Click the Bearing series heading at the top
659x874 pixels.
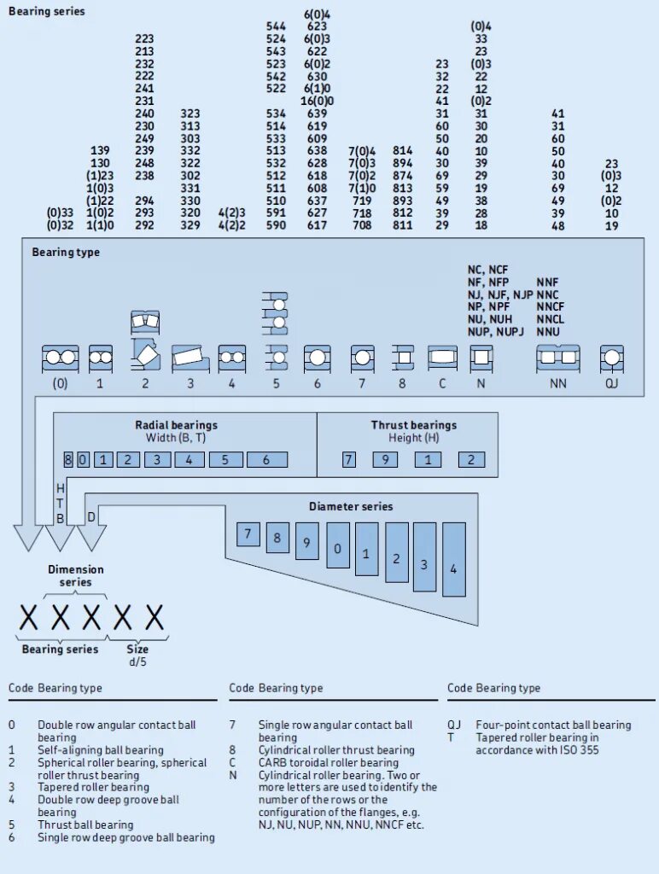pyautogui.click(x=47, y=12)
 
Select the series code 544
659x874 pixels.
pyautogui.click(x=276, y=26)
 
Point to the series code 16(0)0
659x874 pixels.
pyautogui.click(x=317, y=101)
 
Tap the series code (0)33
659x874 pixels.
pyautogui.click(x=60, y=213)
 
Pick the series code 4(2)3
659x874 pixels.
pyautogui.click(x=231, y=213)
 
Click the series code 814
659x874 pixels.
pyautogui.click(x=403, y=151)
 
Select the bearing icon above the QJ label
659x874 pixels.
pyautogui.click(x=611, y=358)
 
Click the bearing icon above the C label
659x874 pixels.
pyautogui.click(x=442, y=358)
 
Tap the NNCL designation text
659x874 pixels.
pyautogui.click(x=550, y=319)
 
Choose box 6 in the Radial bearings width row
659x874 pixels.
pyautogui.click(x=266, y=460)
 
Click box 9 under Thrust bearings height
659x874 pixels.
pyautogui.click(x=385, y=460)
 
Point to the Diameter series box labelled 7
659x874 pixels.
pyautogui.click(x=248, y=534)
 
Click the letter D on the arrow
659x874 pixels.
pyautogui.click(x=91, y=517)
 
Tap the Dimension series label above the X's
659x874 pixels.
pyautogui.click(x=75, y=575)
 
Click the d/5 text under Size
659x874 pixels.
pyautogui.click(x=137, y=661)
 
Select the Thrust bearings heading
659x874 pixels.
pyautogui.click(x=413, y=425)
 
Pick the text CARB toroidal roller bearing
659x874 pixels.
pyautogui.click(x=329, y=762)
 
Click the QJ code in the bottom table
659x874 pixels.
pyautogui.click(x=454, y=725)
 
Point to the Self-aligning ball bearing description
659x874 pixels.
pyautogui.click(x=101, y=750)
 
